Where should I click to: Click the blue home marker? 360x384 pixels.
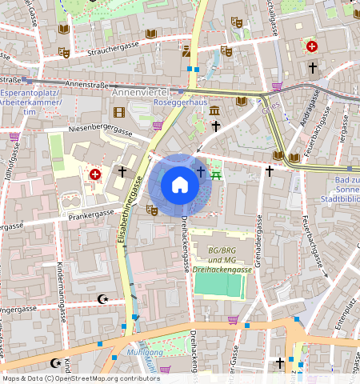(180, 186)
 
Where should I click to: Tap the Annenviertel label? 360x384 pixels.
(139, 94)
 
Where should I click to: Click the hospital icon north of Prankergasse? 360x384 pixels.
(95, 174)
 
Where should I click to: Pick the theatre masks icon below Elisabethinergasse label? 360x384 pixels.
(151, 210)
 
